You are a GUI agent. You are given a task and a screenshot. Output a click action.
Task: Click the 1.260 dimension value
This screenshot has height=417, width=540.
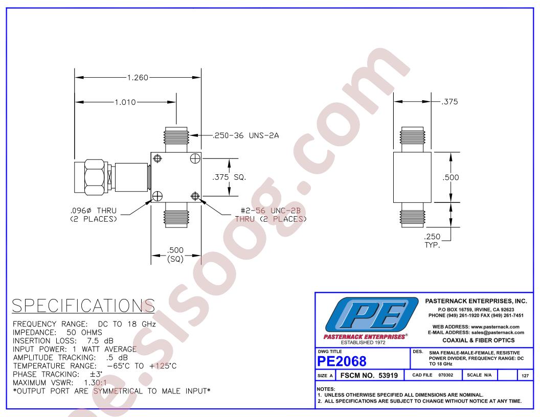[138, 77]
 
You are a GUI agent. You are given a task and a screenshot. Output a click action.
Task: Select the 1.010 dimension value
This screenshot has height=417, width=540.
[125, 102]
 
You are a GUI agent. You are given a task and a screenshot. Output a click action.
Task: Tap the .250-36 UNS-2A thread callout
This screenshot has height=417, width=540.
[246, 135]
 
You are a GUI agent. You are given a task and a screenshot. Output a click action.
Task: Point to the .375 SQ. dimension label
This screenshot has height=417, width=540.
[229, 177]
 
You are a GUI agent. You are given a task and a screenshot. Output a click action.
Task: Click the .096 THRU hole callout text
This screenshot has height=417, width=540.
[94, 215]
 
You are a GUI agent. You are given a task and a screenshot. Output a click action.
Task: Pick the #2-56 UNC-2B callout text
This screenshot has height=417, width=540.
[271, 215]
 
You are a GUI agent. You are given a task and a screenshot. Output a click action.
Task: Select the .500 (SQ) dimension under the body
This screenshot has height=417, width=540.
[175, 254]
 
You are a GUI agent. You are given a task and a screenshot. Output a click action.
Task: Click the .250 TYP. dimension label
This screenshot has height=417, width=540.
[432, 241]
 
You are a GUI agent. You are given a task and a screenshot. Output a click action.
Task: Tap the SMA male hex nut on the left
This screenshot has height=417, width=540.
[95, 177]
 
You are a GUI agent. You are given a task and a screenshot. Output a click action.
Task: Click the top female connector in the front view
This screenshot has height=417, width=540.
[176, 140]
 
